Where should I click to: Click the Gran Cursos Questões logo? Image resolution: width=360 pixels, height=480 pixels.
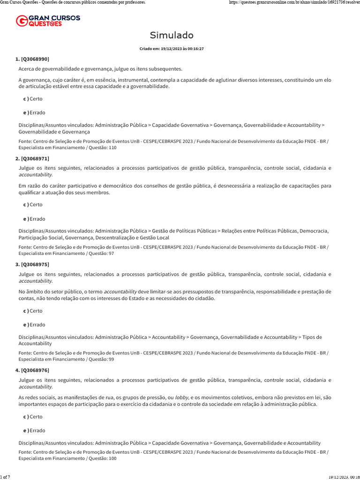[x=48, y=21]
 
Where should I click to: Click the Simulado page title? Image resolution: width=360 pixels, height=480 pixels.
[x=172, y=36]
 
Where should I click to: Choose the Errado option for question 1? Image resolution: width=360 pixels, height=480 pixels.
[x=34, y=112]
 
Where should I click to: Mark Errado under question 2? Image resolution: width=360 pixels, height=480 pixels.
[x=34, y=218]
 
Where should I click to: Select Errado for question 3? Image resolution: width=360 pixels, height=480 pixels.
[x=34, y=324]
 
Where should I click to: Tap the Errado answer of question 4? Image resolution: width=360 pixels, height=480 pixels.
[x=34, y=430]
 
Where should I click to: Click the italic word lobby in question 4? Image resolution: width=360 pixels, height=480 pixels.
[x=182, y=397]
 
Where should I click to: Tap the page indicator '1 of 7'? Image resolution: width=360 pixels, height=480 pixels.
[x=6, y=477]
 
